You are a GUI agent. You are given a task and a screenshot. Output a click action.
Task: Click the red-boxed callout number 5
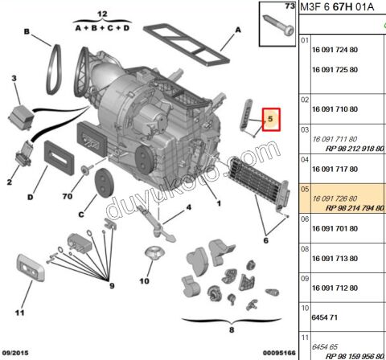[271, 121]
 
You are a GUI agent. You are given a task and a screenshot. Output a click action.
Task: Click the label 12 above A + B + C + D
[101, 14]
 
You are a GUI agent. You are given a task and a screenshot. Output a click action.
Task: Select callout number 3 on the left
[14, 78]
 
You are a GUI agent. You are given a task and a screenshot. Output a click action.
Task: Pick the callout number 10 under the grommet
[144, 281]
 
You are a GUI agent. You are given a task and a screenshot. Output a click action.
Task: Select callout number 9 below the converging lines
[112, 287]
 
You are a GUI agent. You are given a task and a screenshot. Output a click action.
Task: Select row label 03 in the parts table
[304, 129]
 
